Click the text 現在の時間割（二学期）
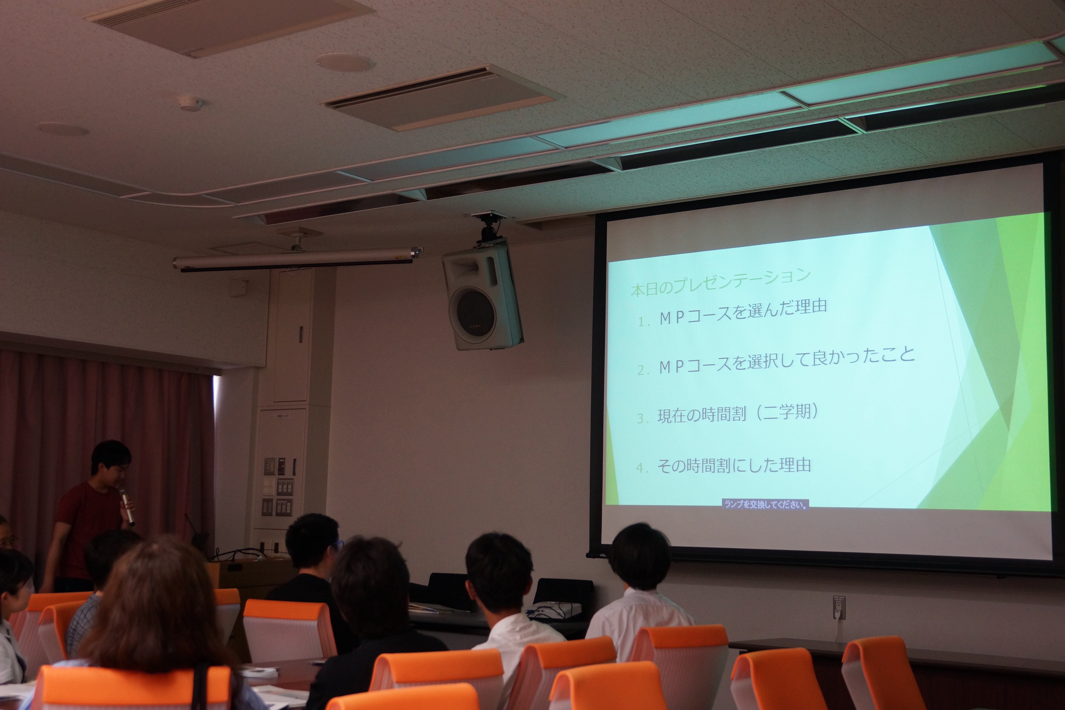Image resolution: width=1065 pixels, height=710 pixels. point(738,413)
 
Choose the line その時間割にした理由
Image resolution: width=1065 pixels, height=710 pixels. point(734,465)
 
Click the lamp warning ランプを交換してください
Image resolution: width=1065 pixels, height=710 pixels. point(765,504)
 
